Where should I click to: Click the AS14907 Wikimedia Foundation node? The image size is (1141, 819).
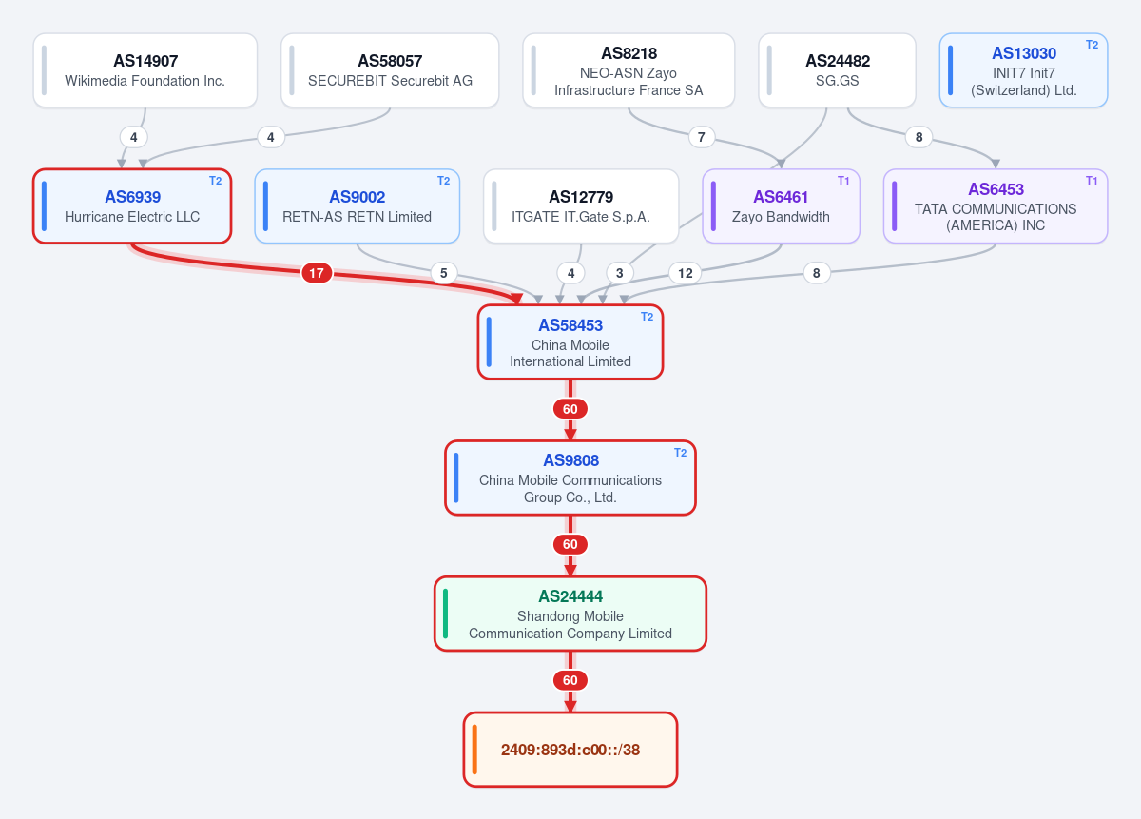145,70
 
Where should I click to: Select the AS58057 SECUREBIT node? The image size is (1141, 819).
390,70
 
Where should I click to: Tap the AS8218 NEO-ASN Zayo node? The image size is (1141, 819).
629,70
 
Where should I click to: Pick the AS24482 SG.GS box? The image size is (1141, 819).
837,70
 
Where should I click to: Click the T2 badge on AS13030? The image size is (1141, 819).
1092,45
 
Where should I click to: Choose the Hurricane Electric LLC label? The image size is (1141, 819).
132,217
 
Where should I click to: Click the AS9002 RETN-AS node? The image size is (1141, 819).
358,205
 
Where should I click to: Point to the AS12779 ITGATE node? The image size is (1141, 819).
581,205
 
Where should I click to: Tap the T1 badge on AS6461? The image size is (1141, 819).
843,181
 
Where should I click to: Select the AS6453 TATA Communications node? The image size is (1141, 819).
996,205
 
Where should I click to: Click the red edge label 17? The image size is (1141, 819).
317,273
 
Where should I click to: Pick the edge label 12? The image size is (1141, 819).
686,273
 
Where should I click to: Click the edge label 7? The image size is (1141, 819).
702,137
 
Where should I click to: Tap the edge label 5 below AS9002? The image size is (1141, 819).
444,273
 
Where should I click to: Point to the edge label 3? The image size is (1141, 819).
619,273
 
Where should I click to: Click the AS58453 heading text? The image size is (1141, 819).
570,325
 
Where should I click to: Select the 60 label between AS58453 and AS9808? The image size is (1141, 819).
570,409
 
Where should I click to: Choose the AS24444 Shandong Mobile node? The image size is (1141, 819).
570,614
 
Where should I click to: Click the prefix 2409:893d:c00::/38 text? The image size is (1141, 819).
570,750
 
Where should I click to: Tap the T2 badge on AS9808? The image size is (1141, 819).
680,453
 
